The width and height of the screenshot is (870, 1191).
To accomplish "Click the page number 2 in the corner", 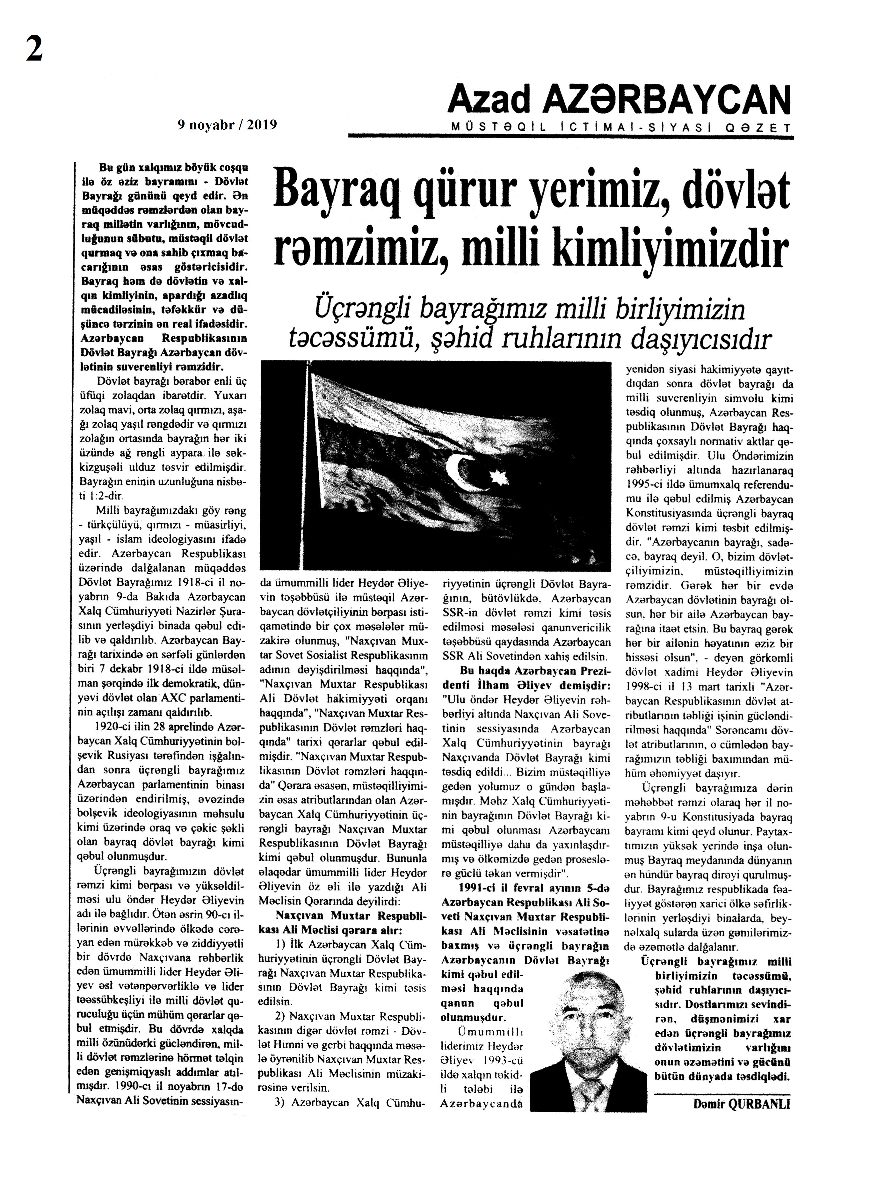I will point(34,51).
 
